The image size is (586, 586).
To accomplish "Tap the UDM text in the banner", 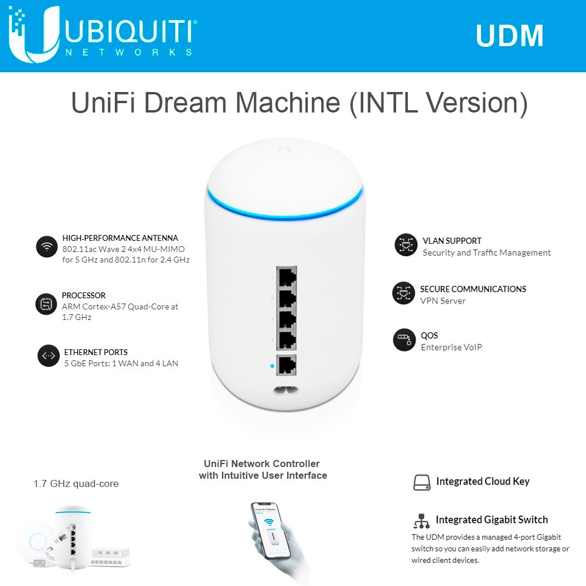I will tap(509, 36).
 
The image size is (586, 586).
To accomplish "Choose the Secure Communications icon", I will tap(403, 293).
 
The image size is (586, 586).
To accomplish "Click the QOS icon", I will tap(404, 340).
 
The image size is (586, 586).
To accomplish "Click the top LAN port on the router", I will tap(286, 277).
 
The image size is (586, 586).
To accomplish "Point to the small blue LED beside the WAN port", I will tap(272, 366).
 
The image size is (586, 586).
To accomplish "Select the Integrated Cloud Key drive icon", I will tap(422, 482).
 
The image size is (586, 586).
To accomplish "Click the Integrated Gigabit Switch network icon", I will tap(421, 520).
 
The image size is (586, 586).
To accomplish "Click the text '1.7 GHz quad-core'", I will tap(76, 484).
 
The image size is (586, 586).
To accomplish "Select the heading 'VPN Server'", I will tap(443, 301).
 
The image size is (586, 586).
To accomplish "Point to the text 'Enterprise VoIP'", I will tap(451, 347).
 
